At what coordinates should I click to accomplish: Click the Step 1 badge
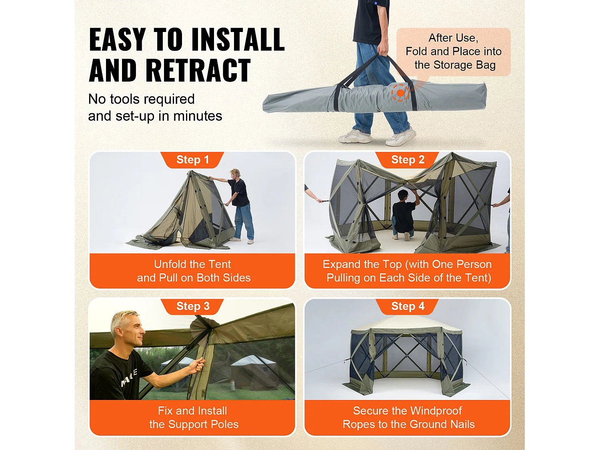coord(192,160)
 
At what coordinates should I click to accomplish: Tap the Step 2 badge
coord(407,160)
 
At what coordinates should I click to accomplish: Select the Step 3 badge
coord(192,306)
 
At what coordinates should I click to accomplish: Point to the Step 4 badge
coord(407,306)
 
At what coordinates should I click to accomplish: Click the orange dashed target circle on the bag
coord(400,93)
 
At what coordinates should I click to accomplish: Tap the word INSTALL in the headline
coord(238,40)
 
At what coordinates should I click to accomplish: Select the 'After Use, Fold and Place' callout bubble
coord(453,52)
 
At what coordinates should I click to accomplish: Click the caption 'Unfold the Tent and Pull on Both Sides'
coord(193,271)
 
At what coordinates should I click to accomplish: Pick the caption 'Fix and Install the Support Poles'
coord(193,418)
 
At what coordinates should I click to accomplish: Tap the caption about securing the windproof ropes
coord(408,418)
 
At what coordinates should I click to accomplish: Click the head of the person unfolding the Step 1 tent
coord(235,173)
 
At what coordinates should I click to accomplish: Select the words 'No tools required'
coord(141,99)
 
